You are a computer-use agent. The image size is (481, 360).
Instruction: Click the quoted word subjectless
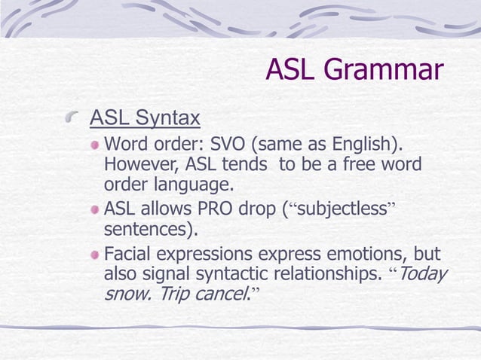point(341,209)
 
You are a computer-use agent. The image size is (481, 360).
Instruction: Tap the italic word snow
point(125,294)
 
